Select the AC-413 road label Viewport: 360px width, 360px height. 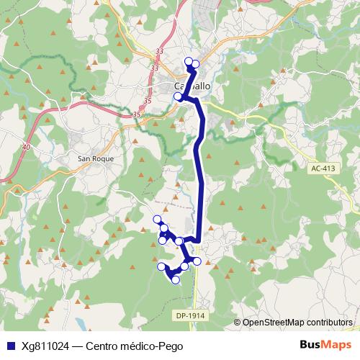[323, 168]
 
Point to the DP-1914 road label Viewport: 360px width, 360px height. [189, 315]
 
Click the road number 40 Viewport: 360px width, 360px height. [27, 147]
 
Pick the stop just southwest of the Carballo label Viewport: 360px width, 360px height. [178, 96]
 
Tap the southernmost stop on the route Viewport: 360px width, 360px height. [176, 279]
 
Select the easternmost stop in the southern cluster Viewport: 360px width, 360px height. [197, 261]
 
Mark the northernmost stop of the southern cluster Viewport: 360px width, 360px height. [156, 219]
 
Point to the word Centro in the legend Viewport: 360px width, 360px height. [103, 346]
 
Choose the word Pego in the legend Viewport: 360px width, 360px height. [172, 346]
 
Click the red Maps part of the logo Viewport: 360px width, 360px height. [336, 346]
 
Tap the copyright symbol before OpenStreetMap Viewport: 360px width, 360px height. [238, 322]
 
